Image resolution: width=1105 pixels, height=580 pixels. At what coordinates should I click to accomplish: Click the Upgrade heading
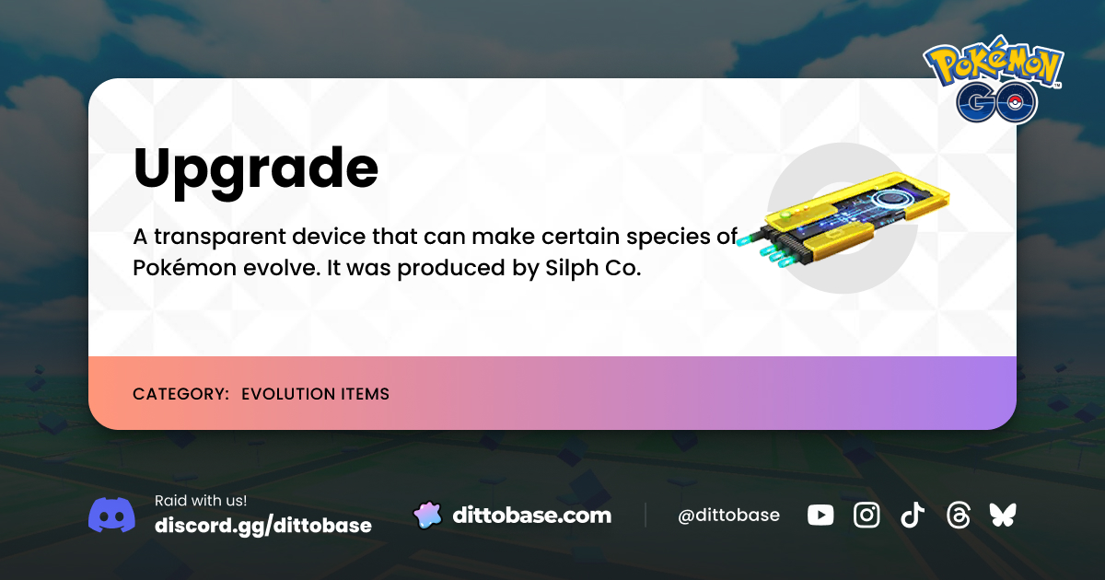pos(255,169)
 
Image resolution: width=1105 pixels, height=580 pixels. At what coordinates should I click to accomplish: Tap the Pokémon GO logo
pos(994,82)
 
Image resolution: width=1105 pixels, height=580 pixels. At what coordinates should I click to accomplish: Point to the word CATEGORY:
pos(180,394)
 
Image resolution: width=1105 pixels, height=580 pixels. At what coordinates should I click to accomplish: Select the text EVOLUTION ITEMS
pos(315,394)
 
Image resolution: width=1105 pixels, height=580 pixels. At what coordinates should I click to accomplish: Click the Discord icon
pos(111,515)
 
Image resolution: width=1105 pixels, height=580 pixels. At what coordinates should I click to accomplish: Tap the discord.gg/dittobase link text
pos(263,526)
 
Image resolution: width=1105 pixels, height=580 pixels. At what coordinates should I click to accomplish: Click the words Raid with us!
pos(201,501)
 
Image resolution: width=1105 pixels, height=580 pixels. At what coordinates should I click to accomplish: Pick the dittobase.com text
pos(531,516)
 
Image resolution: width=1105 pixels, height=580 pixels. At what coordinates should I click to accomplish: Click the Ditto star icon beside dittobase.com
pos(426,516)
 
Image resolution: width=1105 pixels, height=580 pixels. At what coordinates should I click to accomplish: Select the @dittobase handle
pos(728,516)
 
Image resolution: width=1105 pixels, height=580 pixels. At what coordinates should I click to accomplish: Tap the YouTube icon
pos(820,516)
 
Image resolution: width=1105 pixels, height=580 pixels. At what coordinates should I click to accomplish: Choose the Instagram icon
pos(867,516)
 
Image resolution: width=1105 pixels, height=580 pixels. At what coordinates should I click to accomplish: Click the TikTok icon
pos(912,516)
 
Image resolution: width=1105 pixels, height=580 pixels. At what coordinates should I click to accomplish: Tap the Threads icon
pos(958,516)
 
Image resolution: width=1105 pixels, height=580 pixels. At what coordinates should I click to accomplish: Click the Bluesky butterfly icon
pos(1002,516)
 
